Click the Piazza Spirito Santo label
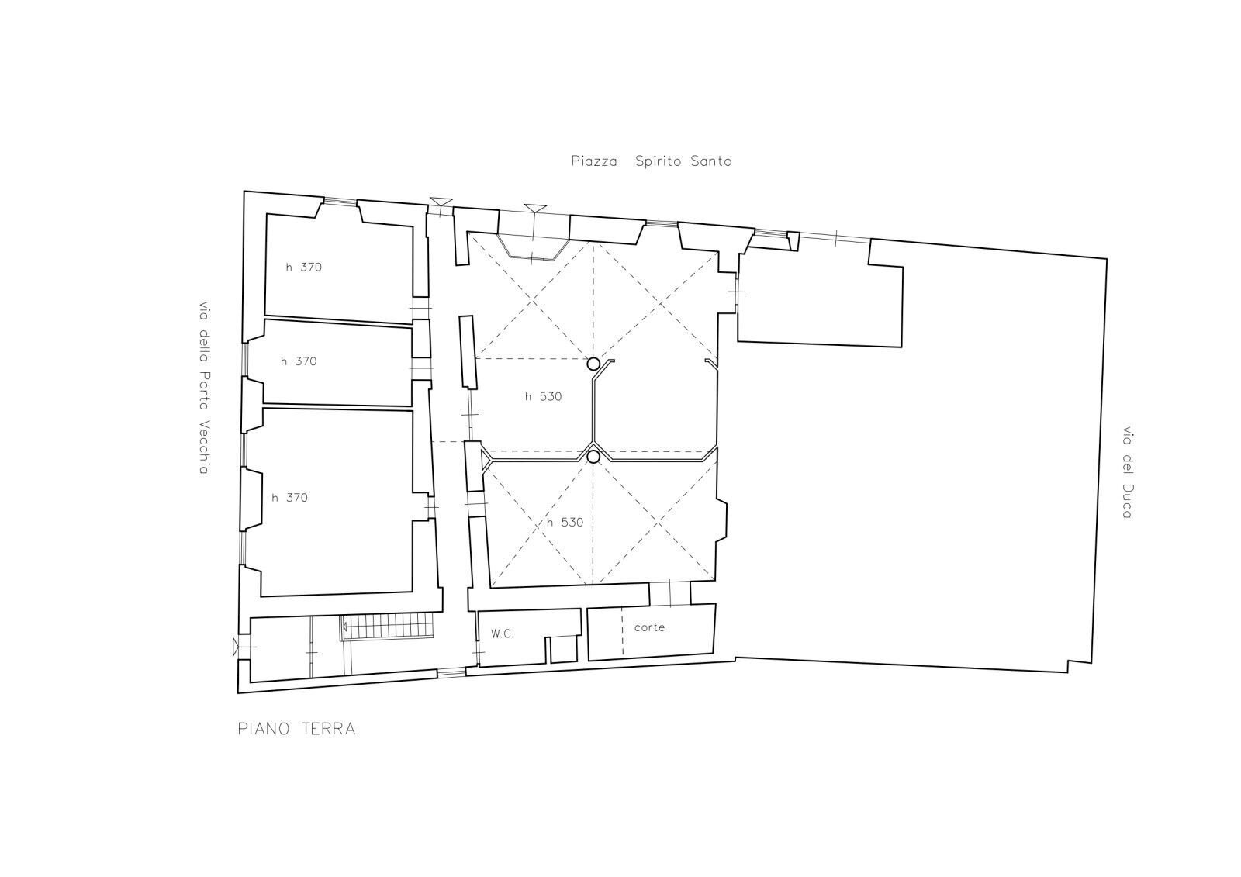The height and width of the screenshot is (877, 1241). point(651,161)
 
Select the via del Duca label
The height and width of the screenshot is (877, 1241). point(1126,472)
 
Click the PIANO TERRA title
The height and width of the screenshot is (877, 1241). point(296,729)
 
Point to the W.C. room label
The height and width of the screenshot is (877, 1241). point(502,634)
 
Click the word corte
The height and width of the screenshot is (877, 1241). point(649,627)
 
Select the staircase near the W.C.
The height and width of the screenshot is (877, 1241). point(389,625)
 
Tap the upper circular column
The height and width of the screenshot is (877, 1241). point(593,364)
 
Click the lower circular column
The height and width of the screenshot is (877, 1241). point(593,457)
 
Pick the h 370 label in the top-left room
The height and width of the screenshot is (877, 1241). point(302,268)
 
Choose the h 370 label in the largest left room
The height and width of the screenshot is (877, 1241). point(289,498)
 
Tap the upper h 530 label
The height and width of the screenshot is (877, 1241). point(542,397)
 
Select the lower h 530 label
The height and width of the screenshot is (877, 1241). point(564,523)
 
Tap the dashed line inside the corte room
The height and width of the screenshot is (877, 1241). point(622,632)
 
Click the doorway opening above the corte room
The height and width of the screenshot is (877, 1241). point(669,593)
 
